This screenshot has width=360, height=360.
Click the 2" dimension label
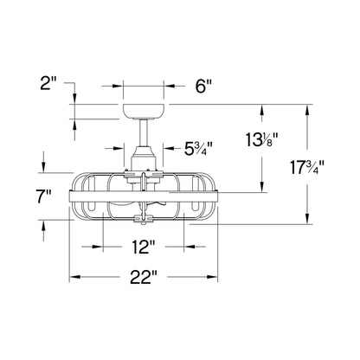click(48, 85)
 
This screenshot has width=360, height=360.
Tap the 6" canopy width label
click(203, 86)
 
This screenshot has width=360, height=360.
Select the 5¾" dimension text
click(198, 149)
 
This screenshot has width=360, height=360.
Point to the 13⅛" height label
click(261, 139)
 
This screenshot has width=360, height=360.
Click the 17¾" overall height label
click(307, 168)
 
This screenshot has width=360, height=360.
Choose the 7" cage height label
click(44, 197)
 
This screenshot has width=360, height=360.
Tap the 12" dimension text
click(144, 247)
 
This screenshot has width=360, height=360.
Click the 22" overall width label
click(144, 277)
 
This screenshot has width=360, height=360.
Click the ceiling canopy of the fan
click(144, 112)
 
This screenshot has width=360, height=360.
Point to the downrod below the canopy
click(144, 132)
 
